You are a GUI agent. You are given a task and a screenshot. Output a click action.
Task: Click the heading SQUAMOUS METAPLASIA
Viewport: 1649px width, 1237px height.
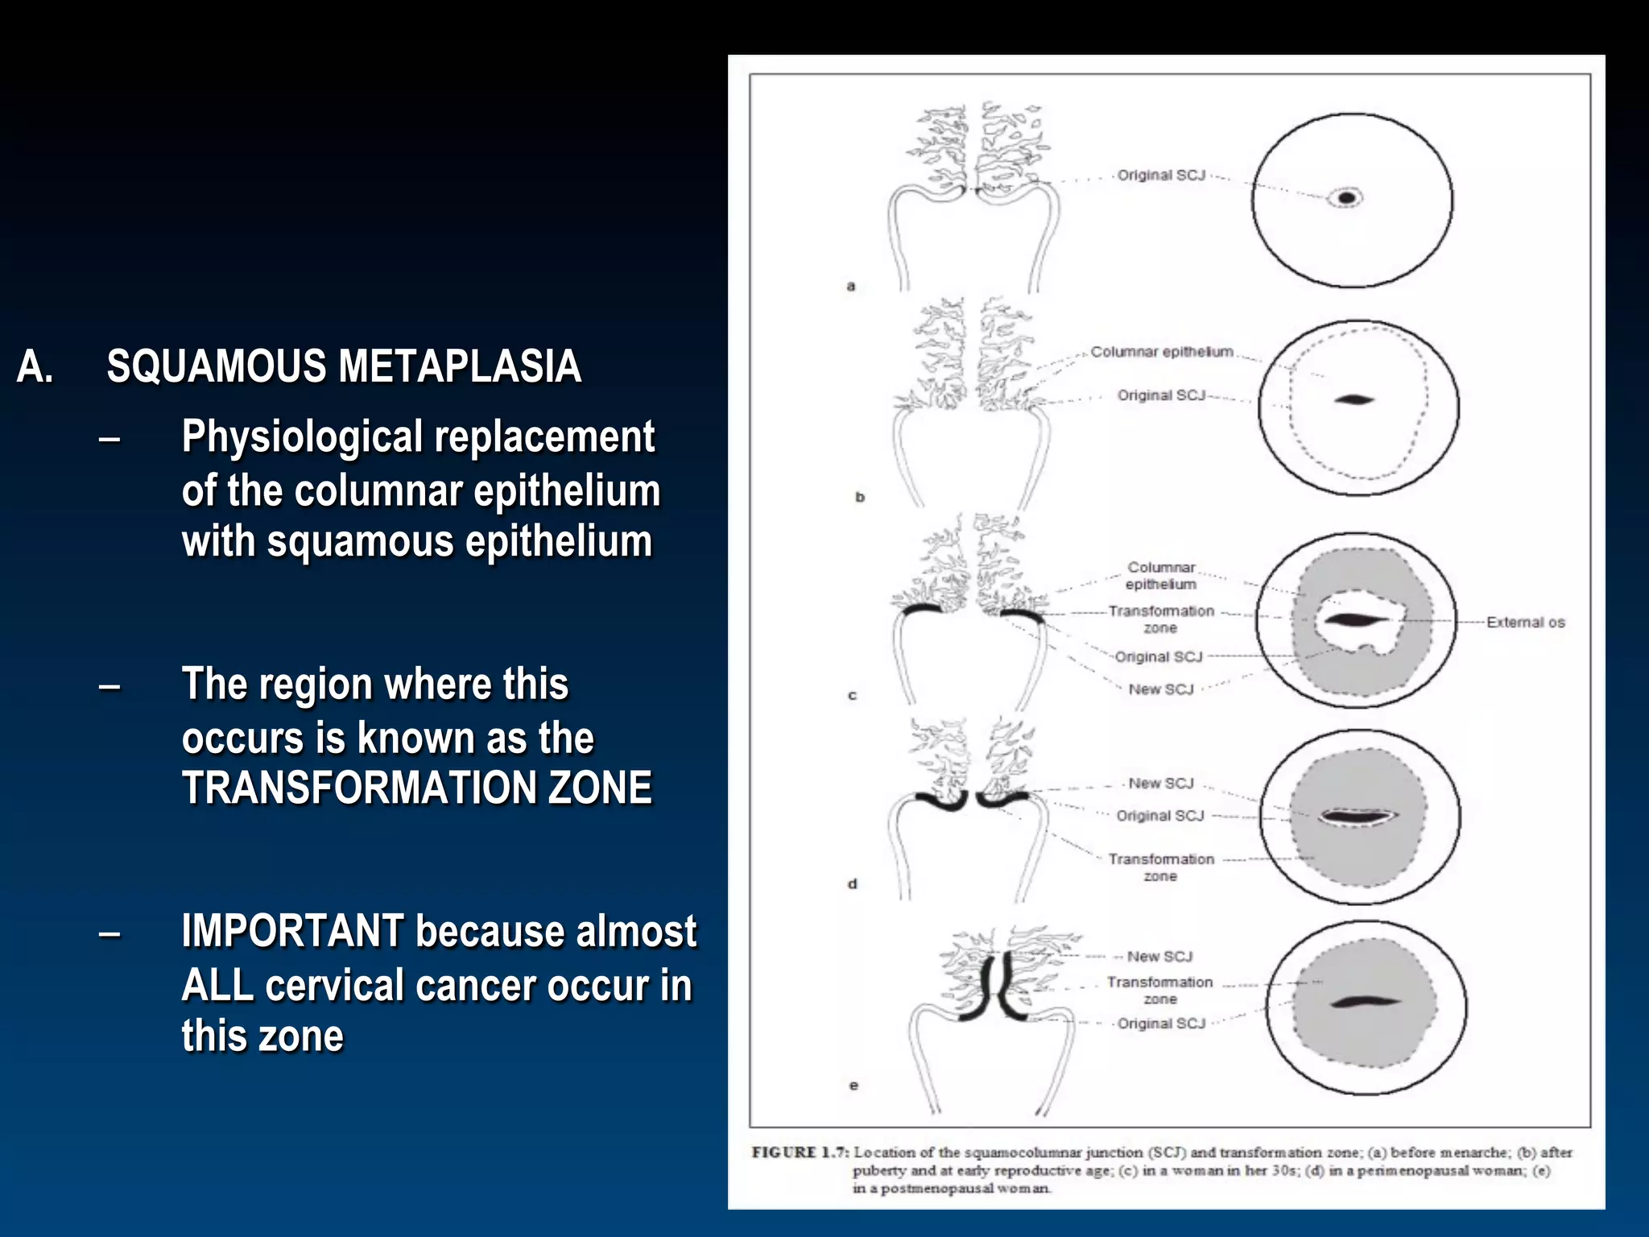[344, 366]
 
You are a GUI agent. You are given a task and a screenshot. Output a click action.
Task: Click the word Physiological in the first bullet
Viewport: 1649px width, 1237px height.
[303, 437]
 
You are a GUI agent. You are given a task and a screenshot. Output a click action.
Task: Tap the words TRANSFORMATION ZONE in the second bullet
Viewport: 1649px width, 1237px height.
[416, 788]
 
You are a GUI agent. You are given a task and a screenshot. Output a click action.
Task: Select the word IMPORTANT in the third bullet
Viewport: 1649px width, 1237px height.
[292, 932]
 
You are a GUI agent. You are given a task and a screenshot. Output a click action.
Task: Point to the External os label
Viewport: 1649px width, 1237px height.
[1525, 623]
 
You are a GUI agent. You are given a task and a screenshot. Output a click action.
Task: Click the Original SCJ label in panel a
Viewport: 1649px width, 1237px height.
[1160, 176]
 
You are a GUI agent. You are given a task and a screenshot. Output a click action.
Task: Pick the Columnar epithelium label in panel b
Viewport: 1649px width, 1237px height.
[1161, 352]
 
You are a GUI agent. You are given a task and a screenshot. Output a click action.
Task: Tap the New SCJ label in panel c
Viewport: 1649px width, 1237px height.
[1160, 689]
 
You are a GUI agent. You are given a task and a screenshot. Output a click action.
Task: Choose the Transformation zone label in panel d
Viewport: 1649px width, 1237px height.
[1160, 867]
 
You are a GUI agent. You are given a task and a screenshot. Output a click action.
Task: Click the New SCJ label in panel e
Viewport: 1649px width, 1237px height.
[1159, 957]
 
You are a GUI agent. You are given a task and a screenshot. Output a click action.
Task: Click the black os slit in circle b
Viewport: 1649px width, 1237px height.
[1354, 399]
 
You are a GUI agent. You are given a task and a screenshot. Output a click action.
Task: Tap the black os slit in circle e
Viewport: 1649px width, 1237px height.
[1362, 1003]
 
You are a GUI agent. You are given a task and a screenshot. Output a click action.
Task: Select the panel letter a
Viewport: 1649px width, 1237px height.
[851, 286]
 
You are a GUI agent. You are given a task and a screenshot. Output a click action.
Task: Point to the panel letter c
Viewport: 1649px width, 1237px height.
[853, 695]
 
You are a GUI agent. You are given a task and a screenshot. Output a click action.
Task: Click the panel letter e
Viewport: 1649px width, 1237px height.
[853, 1086]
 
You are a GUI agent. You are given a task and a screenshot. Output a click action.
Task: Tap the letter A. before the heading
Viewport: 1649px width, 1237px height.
[35, 367]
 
